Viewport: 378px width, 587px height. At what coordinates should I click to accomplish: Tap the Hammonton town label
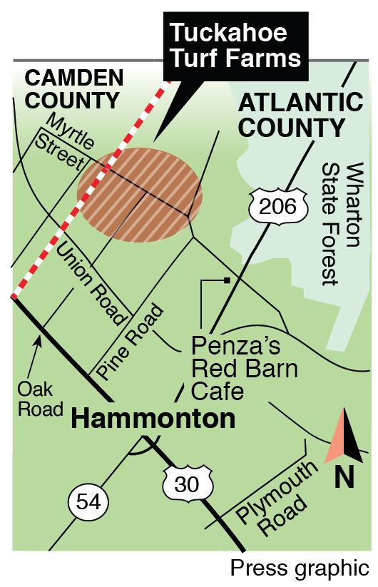tap(153, 419)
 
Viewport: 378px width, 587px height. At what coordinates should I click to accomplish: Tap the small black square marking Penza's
tap(226, 280)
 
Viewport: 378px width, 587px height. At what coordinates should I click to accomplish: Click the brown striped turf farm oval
tap(136, 195)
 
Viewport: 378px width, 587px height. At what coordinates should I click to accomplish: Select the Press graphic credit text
tap(300, 569)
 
